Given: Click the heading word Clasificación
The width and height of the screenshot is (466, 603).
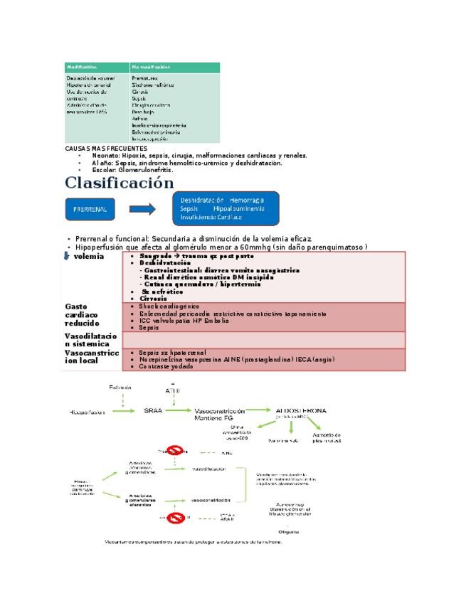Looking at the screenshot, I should (x=119, y=183).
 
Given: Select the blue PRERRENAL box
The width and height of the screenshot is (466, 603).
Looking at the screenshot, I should (x=90, y=210).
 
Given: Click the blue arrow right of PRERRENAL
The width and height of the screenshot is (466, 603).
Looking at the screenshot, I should (x=142, y=210).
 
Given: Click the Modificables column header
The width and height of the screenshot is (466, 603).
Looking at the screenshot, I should (x=81, y=67).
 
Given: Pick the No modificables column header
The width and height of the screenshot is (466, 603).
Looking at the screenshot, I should (x=150, y=67).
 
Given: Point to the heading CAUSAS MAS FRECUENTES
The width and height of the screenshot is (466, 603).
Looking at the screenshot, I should (x=106, y=149).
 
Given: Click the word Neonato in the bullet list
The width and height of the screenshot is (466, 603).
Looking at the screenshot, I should (x=105, y=155).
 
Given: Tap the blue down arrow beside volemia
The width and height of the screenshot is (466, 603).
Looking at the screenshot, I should (x=67, y=256).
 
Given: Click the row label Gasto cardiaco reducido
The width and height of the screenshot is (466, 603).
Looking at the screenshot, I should (x=82, y=315).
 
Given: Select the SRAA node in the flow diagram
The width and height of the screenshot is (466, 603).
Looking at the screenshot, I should (x=155, y=411).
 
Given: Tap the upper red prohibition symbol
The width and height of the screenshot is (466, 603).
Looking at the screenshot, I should (x=176, y=451).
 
